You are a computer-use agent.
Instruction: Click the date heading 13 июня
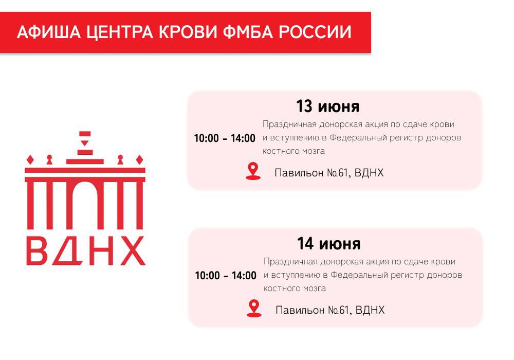coord(327,106)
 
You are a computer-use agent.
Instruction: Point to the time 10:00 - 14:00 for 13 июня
coord(224,138)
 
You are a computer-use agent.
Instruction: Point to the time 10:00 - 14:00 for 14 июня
coord(225,276)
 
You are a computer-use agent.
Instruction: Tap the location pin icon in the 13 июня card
coord(253,171)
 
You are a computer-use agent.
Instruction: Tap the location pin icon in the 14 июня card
coord(254,308)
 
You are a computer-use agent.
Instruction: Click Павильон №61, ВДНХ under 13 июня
coord(329,173)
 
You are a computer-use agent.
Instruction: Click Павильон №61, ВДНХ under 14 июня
coord(330,310)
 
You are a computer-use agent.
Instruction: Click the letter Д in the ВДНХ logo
coord(69,251)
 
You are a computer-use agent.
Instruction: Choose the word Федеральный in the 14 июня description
coord(355,275)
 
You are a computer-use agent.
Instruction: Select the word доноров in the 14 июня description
coord(444,275)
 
